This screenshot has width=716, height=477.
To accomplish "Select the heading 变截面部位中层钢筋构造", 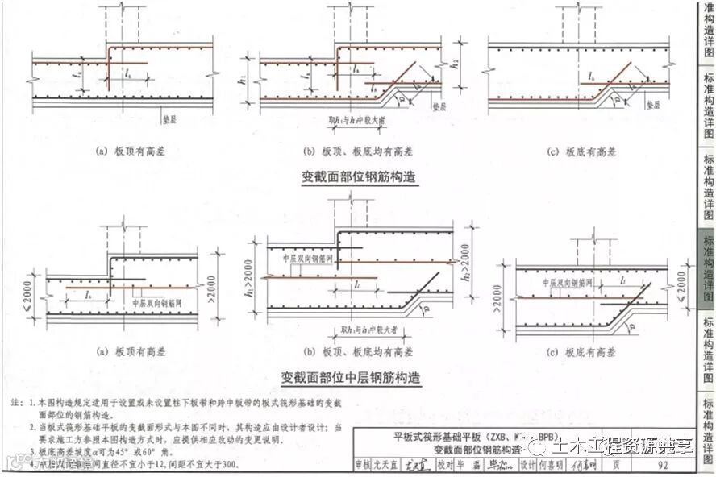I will [x=352, y=376].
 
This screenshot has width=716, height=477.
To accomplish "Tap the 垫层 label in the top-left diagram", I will [x=166, y=115].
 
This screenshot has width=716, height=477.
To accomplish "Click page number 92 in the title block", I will [x=663, y=465].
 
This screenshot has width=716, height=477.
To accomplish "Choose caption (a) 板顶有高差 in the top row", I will [x=130, y=151].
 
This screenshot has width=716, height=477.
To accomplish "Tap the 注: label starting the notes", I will [x=16, y=401].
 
